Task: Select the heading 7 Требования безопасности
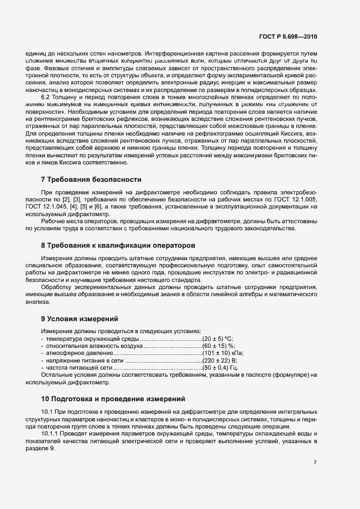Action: click(91, 179)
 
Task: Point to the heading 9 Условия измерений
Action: click(80, 318)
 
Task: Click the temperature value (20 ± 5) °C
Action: click(217, 338)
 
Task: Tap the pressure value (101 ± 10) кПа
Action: click(222, 353)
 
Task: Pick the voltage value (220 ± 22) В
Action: click(219, 360)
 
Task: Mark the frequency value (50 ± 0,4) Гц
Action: click(220, 368)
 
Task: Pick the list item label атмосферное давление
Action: click(73, 353)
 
